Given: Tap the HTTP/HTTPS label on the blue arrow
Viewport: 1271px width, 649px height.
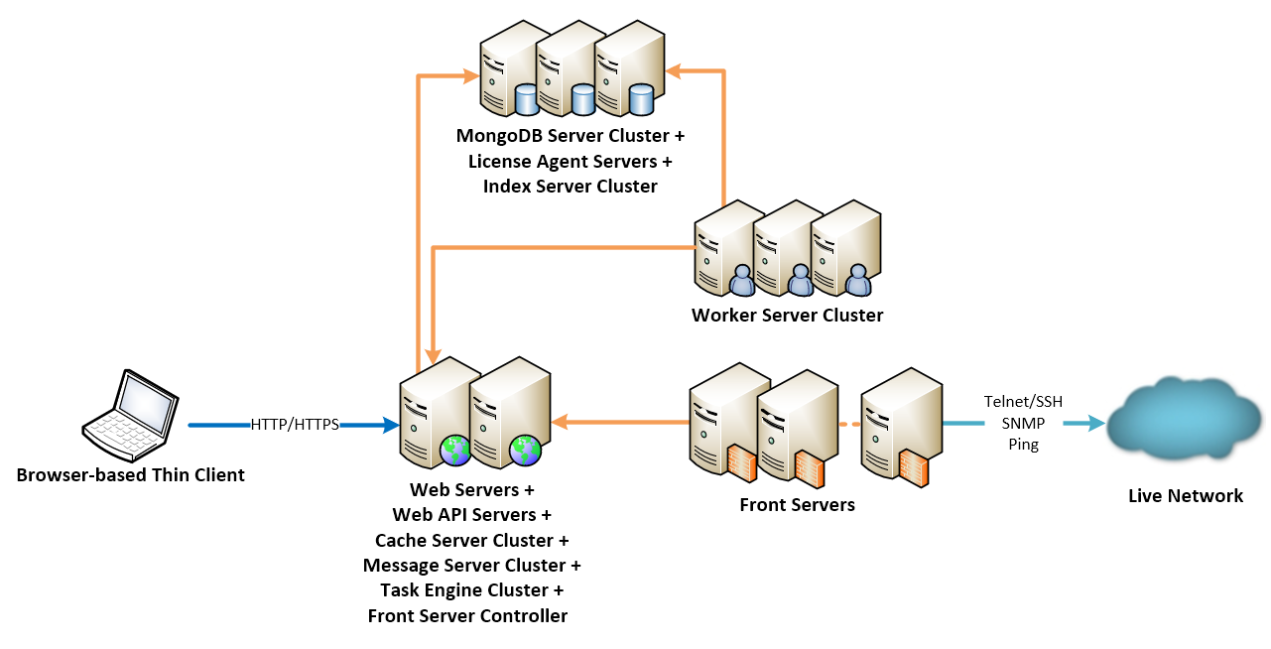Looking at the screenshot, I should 295,425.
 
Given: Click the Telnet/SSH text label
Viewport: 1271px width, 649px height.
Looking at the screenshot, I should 1023,402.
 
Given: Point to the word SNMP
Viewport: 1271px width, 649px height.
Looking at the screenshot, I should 1023,423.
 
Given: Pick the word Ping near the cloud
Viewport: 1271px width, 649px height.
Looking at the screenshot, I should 1023,445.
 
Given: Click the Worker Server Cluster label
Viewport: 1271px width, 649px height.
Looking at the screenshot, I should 787,316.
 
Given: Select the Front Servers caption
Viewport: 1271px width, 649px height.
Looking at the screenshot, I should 797,505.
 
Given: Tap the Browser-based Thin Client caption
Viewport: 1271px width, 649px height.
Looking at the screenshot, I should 130,475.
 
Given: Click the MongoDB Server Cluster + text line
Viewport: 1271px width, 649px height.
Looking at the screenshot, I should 571,135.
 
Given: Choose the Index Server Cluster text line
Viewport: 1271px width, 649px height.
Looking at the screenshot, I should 571,186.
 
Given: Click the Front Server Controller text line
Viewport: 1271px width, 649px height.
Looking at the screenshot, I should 467,616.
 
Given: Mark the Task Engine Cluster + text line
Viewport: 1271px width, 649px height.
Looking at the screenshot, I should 471,590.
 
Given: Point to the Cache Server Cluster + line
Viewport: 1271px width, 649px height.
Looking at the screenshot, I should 471,541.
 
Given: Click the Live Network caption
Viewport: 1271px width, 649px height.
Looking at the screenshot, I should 1185,496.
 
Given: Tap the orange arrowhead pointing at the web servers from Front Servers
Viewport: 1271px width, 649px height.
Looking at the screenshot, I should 560,423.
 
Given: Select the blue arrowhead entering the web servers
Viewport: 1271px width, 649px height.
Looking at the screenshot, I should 387,426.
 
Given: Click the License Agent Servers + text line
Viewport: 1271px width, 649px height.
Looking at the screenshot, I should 571,161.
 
